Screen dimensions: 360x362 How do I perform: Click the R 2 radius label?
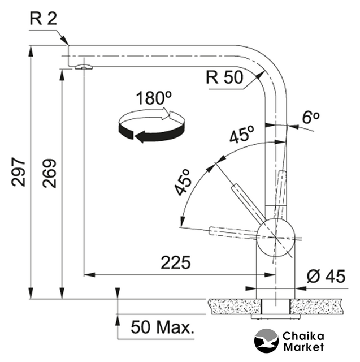tap(44, 19)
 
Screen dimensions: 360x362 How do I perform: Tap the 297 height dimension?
tap(18, 172)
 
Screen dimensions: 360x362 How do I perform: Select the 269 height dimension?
tap(49, 173)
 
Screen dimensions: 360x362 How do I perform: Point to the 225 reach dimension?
tap(176, 262)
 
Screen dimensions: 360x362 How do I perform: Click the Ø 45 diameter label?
tap(326, 276)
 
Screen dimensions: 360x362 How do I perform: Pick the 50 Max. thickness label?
tap(162, 327)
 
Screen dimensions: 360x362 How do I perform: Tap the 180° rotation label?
tap(154, 98)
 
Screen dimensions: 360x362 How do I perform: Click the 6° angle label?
tap(311, 117)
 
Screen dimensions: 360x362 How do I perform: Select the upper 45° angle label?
tap(242, 134)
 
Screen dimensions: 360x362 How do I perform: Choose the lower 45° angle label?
tap(182, 182)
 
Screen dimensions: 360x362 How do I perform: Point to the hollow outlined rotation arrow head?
tap(166, 114)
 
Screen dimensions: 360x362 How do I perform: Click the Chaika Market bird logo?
tap(266, 341)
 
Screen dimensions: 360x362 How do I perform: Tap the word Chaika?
tap(303, 336)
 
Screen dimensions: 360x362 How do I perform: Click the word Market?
tap(303, 347)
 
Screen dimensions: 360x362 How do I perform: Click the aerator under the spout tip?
tap(84, 67)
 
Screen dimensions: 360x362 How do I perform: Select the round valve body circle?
tap(276, 238)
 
